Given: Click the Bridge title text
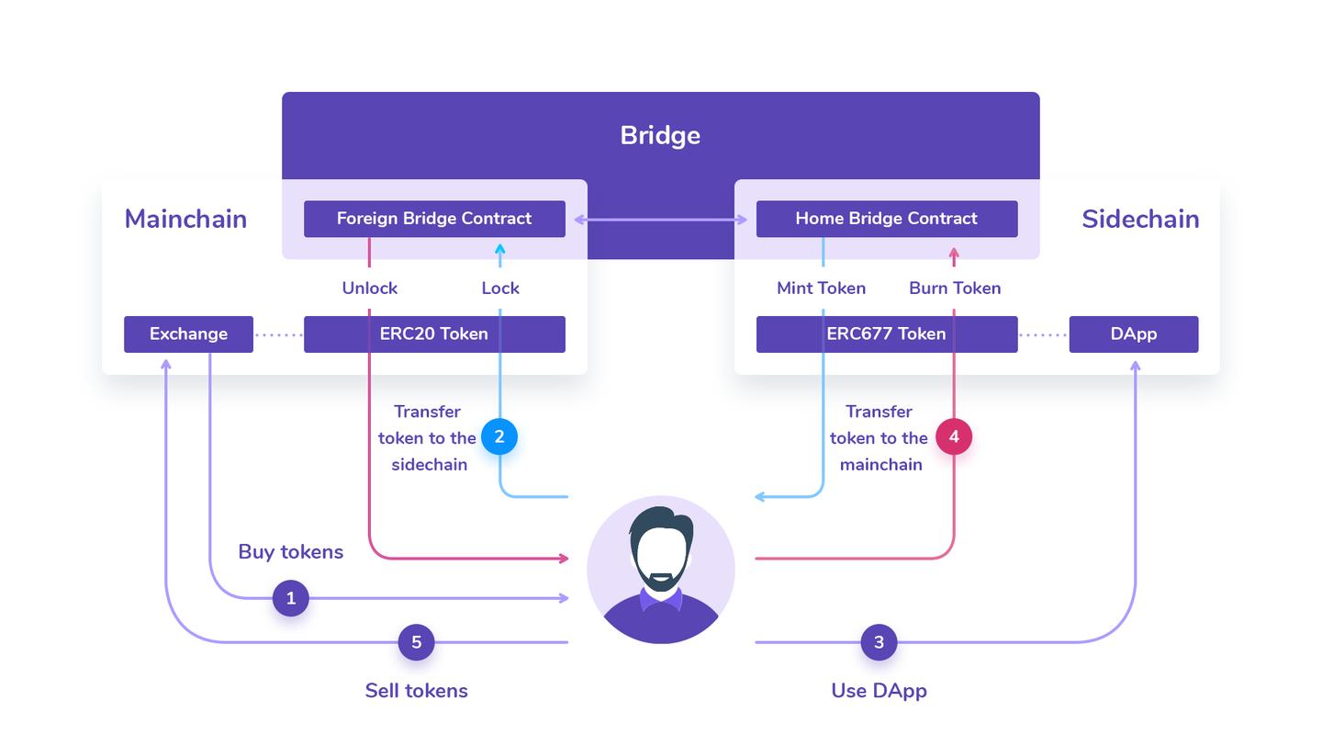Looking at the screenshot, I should pyautogui.click(x=660, y=135).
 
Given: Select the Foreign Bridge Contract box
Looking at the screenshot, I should pyautogui.click(x=434, y=219).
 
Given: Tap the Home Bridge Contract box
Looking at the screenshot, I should pyautogui.click(x=886, y=219).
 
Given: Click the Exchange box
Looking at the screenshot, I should pyautogui.click(x=188, y=334).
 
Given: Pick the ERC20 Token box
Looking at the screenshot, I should pyautogui.click(x=434, y=334).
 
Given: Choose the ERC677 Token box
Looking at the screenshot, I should pyautogui.click(x=886, y=334).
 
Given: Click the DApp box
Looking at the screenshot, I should pyautogui.click(x=1133, y=334).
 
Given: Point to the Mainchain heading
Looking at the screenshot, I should pyautogui.click(x=185, y=219).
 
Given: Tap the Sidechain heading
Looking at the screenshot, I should pyautogui.click(x=1140, y=219).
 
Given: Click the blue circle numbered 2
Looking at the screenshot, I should pyautogui.click(x=499, y=436).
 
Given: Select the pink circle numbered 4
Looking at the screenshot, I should pyautogui.click(x=954, y=436).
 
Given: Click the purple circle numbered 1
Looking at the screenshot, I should pyautogui.click(x=291, y=598).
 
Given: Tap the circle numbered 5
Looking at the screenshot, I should pyautogui.click(x=416, y=642).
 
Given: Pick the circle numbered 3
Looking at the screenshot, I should pyautogui.click(x=879, y=642).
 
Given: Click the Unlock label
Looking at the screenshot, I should pyautogui.click(x=369, y=288).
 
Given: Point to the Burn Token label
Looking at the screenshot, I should pyautogui.click(x=955, y=288).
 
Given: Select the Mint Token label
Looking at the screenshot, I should pyautogui.click(x=821, y=288).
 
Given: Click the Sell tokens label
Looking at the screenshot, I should pyautogui.click(x=416, y=691).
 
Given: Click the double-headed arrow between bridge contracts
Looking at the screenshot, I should pyautogui.click(x=660, y=220).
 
